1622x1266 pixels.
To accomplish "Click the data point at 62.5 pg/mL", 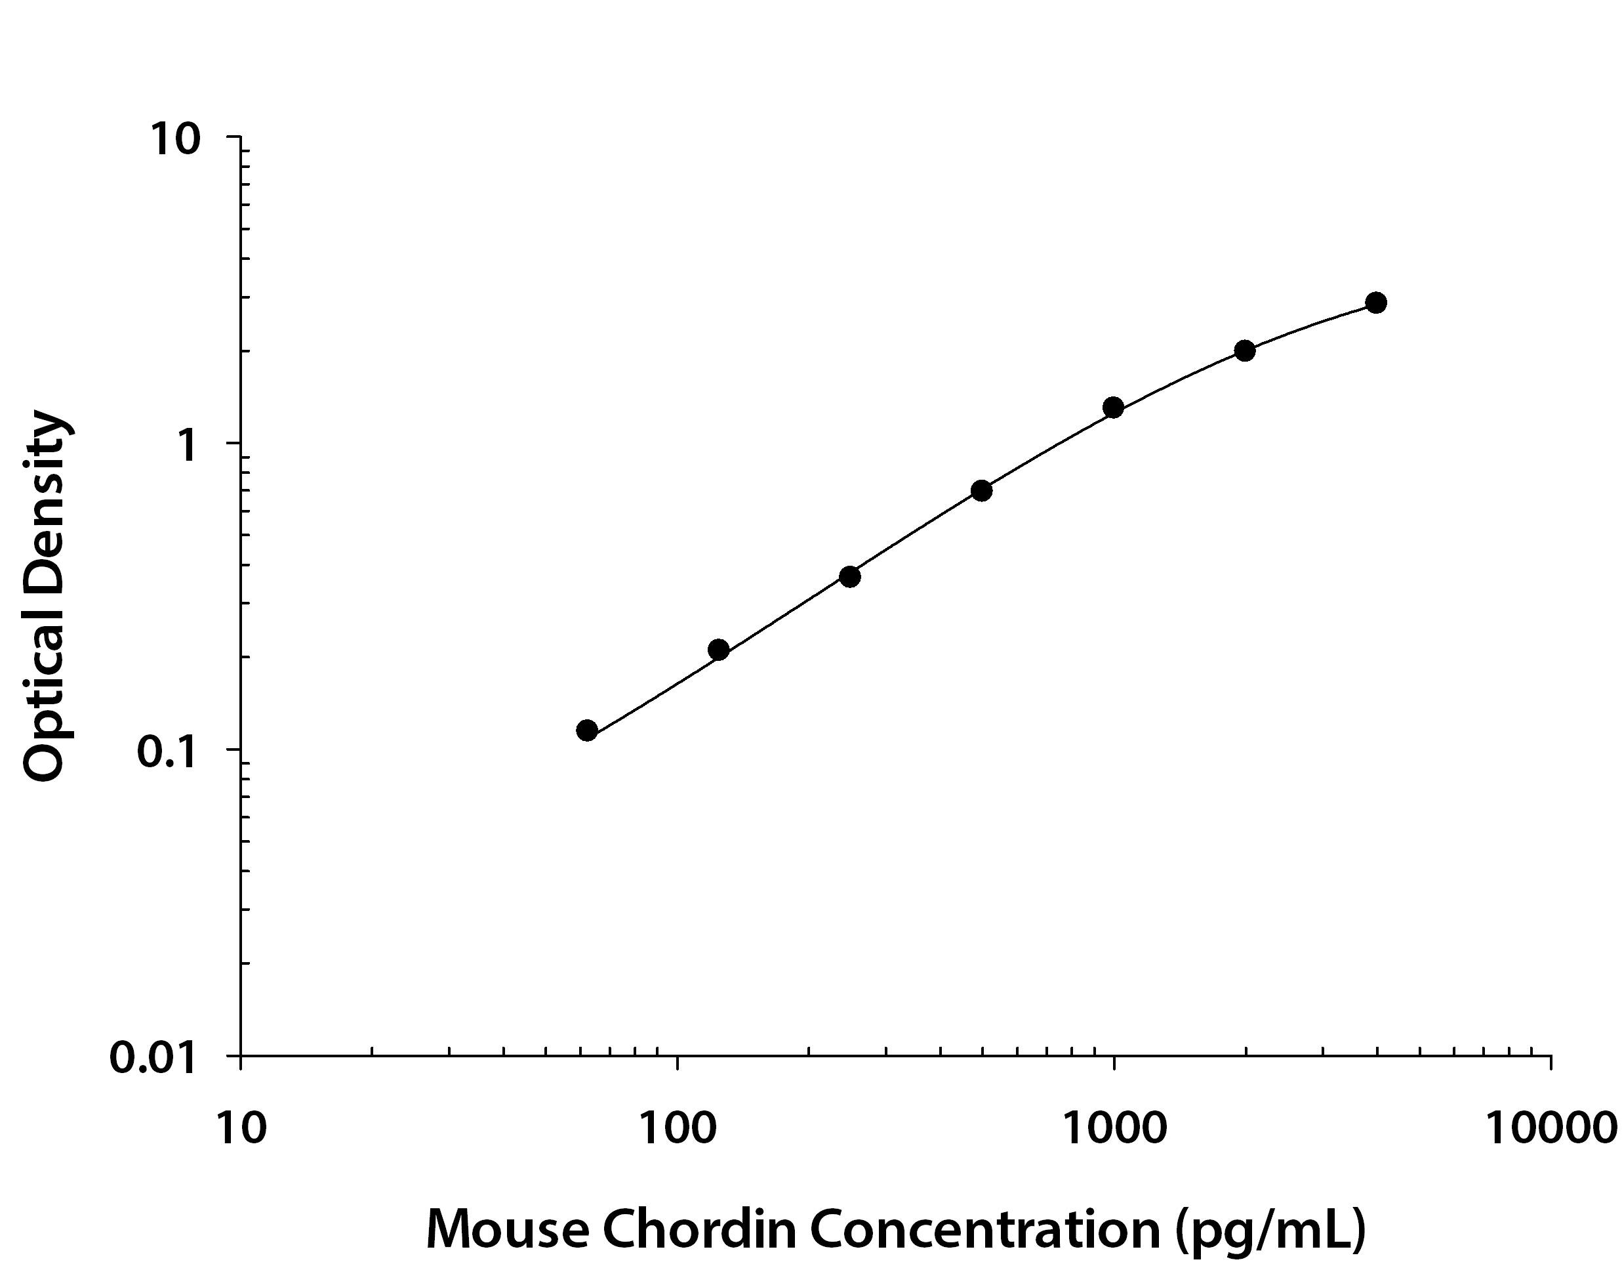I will pos(587,730).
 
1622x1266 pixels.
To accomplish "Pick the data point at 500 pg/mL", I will pos(982,490).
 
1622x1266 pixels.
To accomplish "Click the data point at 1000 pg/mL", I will pos(1113,407).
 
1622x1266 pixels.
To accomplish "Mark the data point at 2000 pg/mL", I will pos(1245,350).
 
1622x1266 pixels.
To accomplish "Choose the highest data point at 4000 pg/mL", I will pos(1376,303).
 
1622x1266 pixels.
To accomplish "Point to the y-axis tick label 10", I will pos(176,139).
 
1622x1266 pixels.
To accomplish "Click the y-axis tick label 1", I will pos(188,445).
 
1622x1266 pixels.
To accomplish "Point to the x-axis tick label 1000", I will pos(1113,1127).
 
